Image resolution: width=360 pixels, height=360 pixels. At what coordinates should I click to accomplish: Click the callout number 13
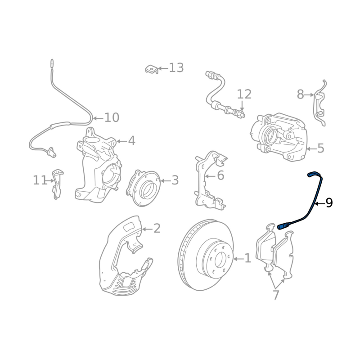176,68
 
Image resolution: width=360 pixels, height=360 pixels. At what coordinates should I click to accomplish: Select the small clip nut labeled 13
152,69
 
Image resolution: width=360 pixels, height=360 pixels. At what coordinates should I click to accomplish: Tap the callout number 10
112,117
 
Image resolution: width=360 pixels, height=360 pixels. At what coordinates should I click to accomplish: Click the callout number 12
244,94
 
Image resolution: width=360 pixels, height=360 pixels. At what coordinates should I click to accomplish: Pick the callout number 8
300,94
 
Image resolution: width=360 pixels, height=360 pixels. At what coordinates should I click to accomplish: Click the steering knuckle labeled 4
98,165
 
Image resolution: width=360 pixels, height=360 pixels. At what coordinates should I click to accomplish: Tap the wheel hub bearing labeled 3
143,188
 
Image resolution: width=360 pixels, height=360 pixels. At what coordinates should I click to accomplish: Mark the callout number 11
40,180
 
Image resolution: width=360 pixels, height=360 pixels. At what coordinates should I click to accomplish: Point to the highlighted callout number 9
329,203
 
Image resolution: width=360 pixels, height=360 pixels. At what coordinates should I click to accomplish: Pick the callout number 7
276,295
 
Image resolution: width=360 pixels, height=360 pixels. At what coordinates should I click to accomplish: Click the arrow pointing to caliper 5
311,149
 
